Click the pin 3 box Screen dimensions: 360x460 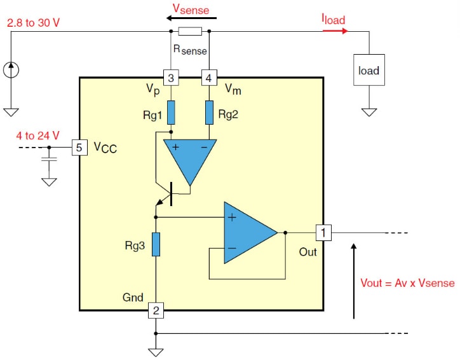pyautogui.click(x=170, y=78)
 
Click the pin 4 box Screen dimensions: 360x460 pyautogui.click(x=209, y=78)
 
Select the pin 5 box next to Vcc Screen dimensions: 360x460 pyautogui.click(x=79, y=148)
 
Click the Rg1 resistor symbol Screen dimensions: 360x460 pyautogui.click(x=170, y=112)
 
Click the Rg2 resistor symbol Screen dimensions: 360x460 pyautogui.click(x=209, y=112)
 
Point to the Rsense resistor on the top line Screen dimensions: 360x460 pyautogui.click(x=190, y=31)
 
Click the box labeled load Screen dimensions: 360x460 pyautogui.click(x=369, y=70)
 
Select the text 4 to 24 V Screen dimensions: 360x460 pyautogui.click(x=32, y=135)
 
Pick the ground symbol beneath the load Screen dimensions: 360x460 pyautogui.click(x=369, y=112)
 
